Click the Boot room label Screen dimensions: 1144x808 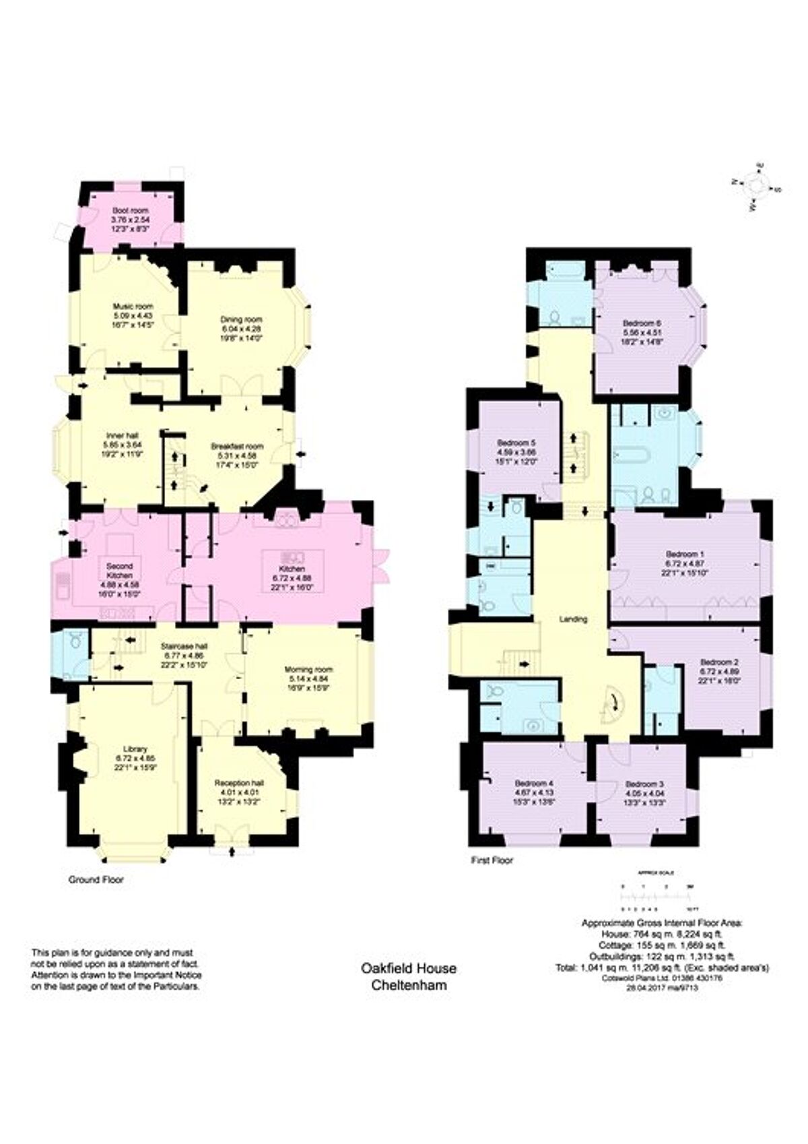coord(131,211)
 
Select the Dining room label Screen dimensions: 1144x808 coord(241,319)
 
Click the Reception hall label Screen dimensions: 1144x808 coord(239,783)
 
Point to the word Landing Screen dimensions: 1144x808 coord(574,618)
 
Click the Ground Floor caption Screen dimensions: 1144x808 coord(96,880)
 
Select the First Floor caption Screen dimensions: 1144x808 coord(492,860)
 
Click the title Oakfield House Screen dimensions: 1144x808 coord(409,968)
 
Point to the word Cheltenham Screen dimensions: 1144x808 coord(409,985)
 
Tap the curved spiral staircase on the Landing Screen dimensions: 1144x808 coord(613,705)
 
